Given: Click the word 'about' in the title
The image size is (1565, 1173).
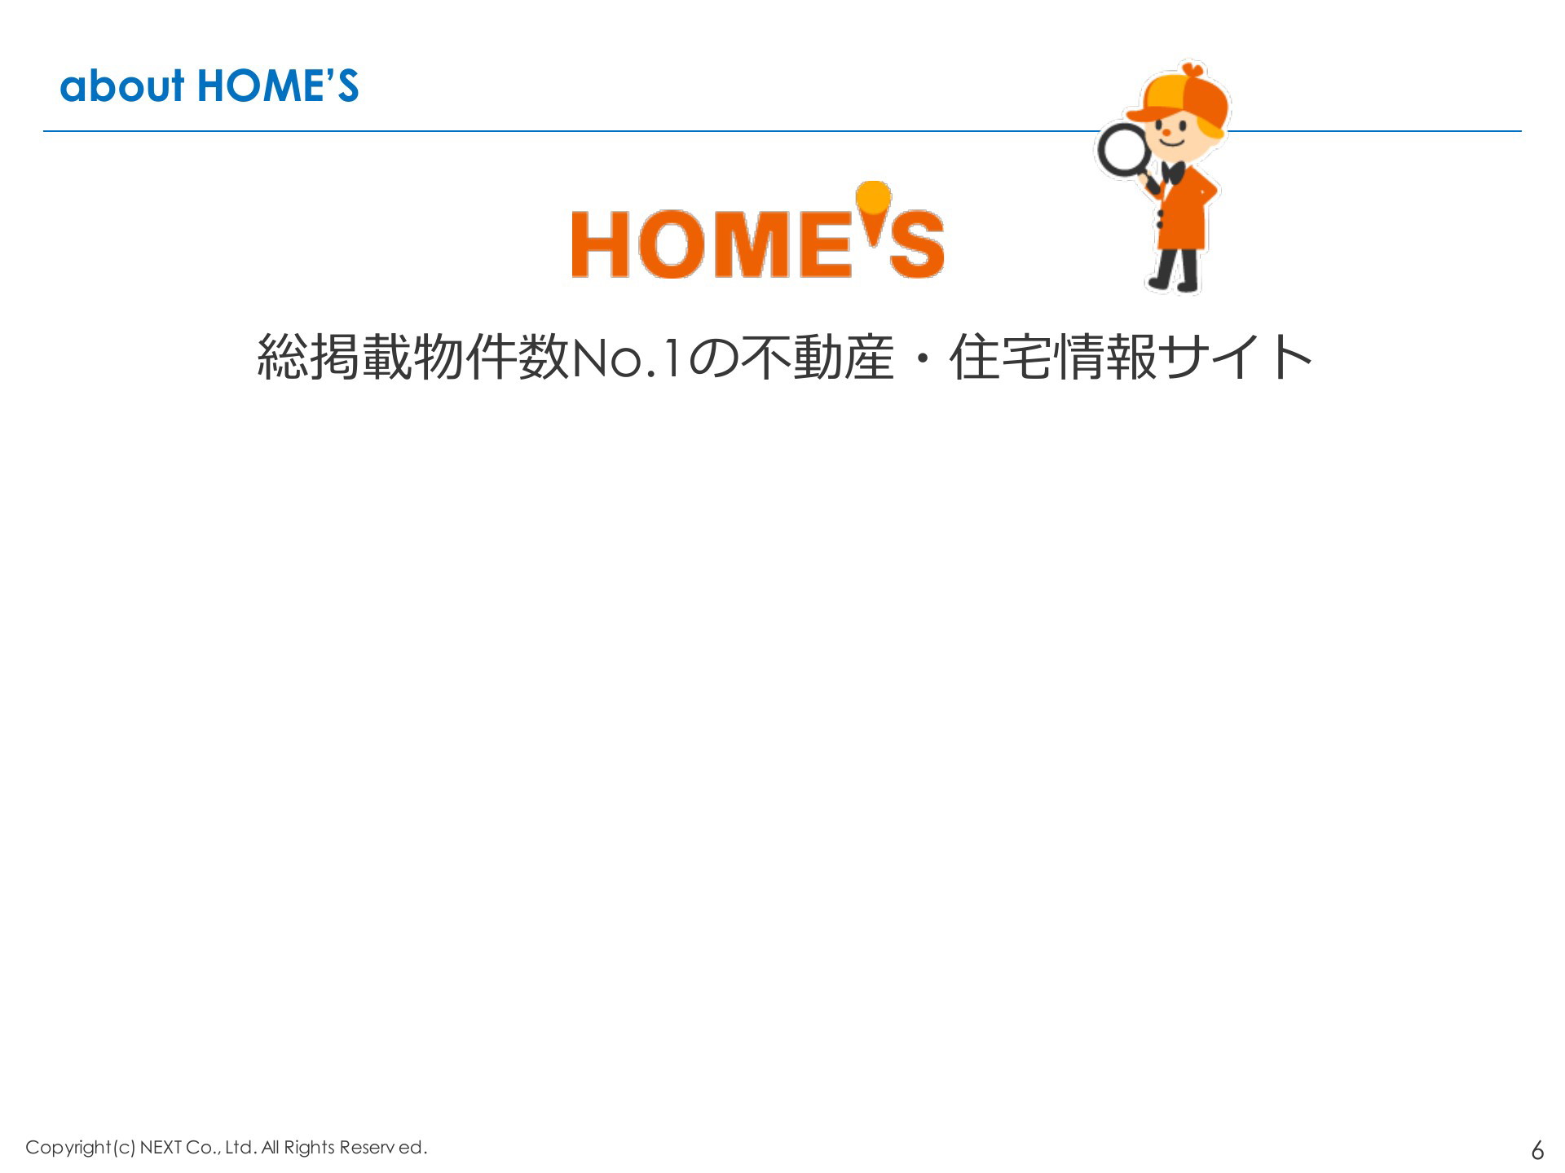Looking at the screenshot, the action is coord(122,86).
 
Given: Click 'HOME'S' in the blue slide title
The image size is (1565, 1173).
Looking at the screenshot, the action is coord(278,86).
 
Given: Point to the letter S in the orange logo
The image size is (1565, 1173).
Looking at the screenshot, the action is coord(917,244).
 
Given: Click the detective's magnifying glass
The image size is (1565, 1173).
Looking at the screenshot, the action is coord(1126,155).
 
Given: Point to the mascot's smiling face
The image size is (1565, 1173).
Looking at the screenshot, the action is coord(1178,135).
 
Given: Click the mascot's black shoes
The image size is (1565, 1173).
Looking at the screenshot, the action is coord(1174,284).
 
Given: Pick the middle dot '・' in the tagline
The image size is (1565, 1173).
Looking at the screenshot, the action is coord(922,358).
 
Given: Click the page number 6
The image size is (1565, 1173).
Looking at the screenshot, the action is coord(1537,1149).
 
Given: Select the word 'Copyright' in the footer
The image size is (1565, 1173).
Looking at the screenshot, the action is coord(68,1148).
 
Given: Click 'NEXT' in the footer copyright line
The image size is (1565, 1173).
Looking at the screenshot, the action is coord(161,1147).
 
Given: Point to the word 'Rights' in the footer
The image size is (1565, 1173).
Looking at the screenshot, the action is coord(310,1148).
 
